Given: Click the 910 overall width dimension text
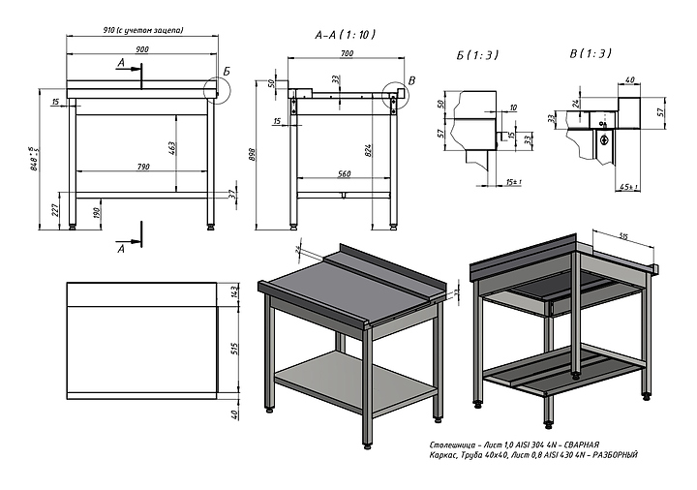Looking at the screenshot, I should pos(142,31).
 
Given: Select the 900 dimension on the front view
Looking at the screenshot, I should pos(142,48).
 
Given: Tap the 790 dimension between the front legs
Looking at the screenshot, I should pos(142,168).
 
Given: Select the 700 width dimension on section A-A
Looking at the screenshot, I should pos(346,53).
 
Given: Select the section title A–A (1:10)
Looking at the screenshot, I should pos(346,34).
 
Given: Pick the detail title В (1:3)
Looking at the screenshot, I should pos(590,54).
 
